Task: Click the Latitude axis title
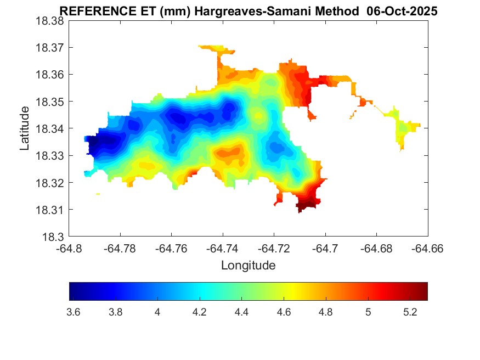25,128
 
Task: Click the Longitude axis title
248,266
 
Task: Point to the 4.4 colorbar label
241,312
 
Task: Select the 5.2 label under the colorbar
410,312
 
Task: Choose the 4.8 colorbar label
325,312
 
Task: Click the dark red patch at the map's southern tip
307,206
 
